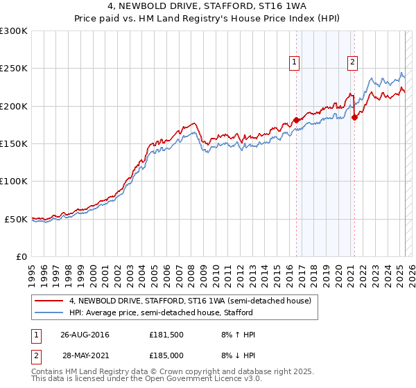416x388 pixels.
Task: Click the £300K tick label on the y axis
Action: click(14, 31)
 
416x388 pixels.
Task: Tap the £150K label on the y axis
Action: click(14, 144)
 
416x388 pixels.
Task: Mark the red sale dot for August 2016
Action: click(296, 120)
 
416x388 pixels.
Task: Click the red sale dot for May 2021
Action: click(354, 117)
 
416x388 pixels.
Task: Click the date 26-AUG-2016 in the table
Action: click(85, 335)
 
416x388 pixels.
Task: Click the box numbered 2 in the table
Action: click(34, 354)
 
